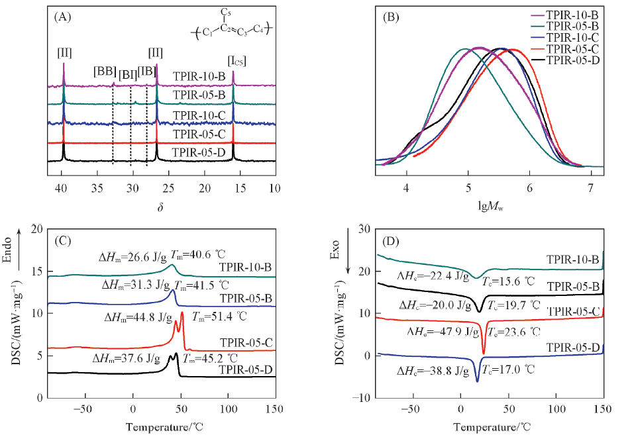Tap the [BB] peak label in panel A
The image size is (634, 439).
point(105,71)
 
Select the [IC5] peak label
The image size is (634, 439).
point(237,62)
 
